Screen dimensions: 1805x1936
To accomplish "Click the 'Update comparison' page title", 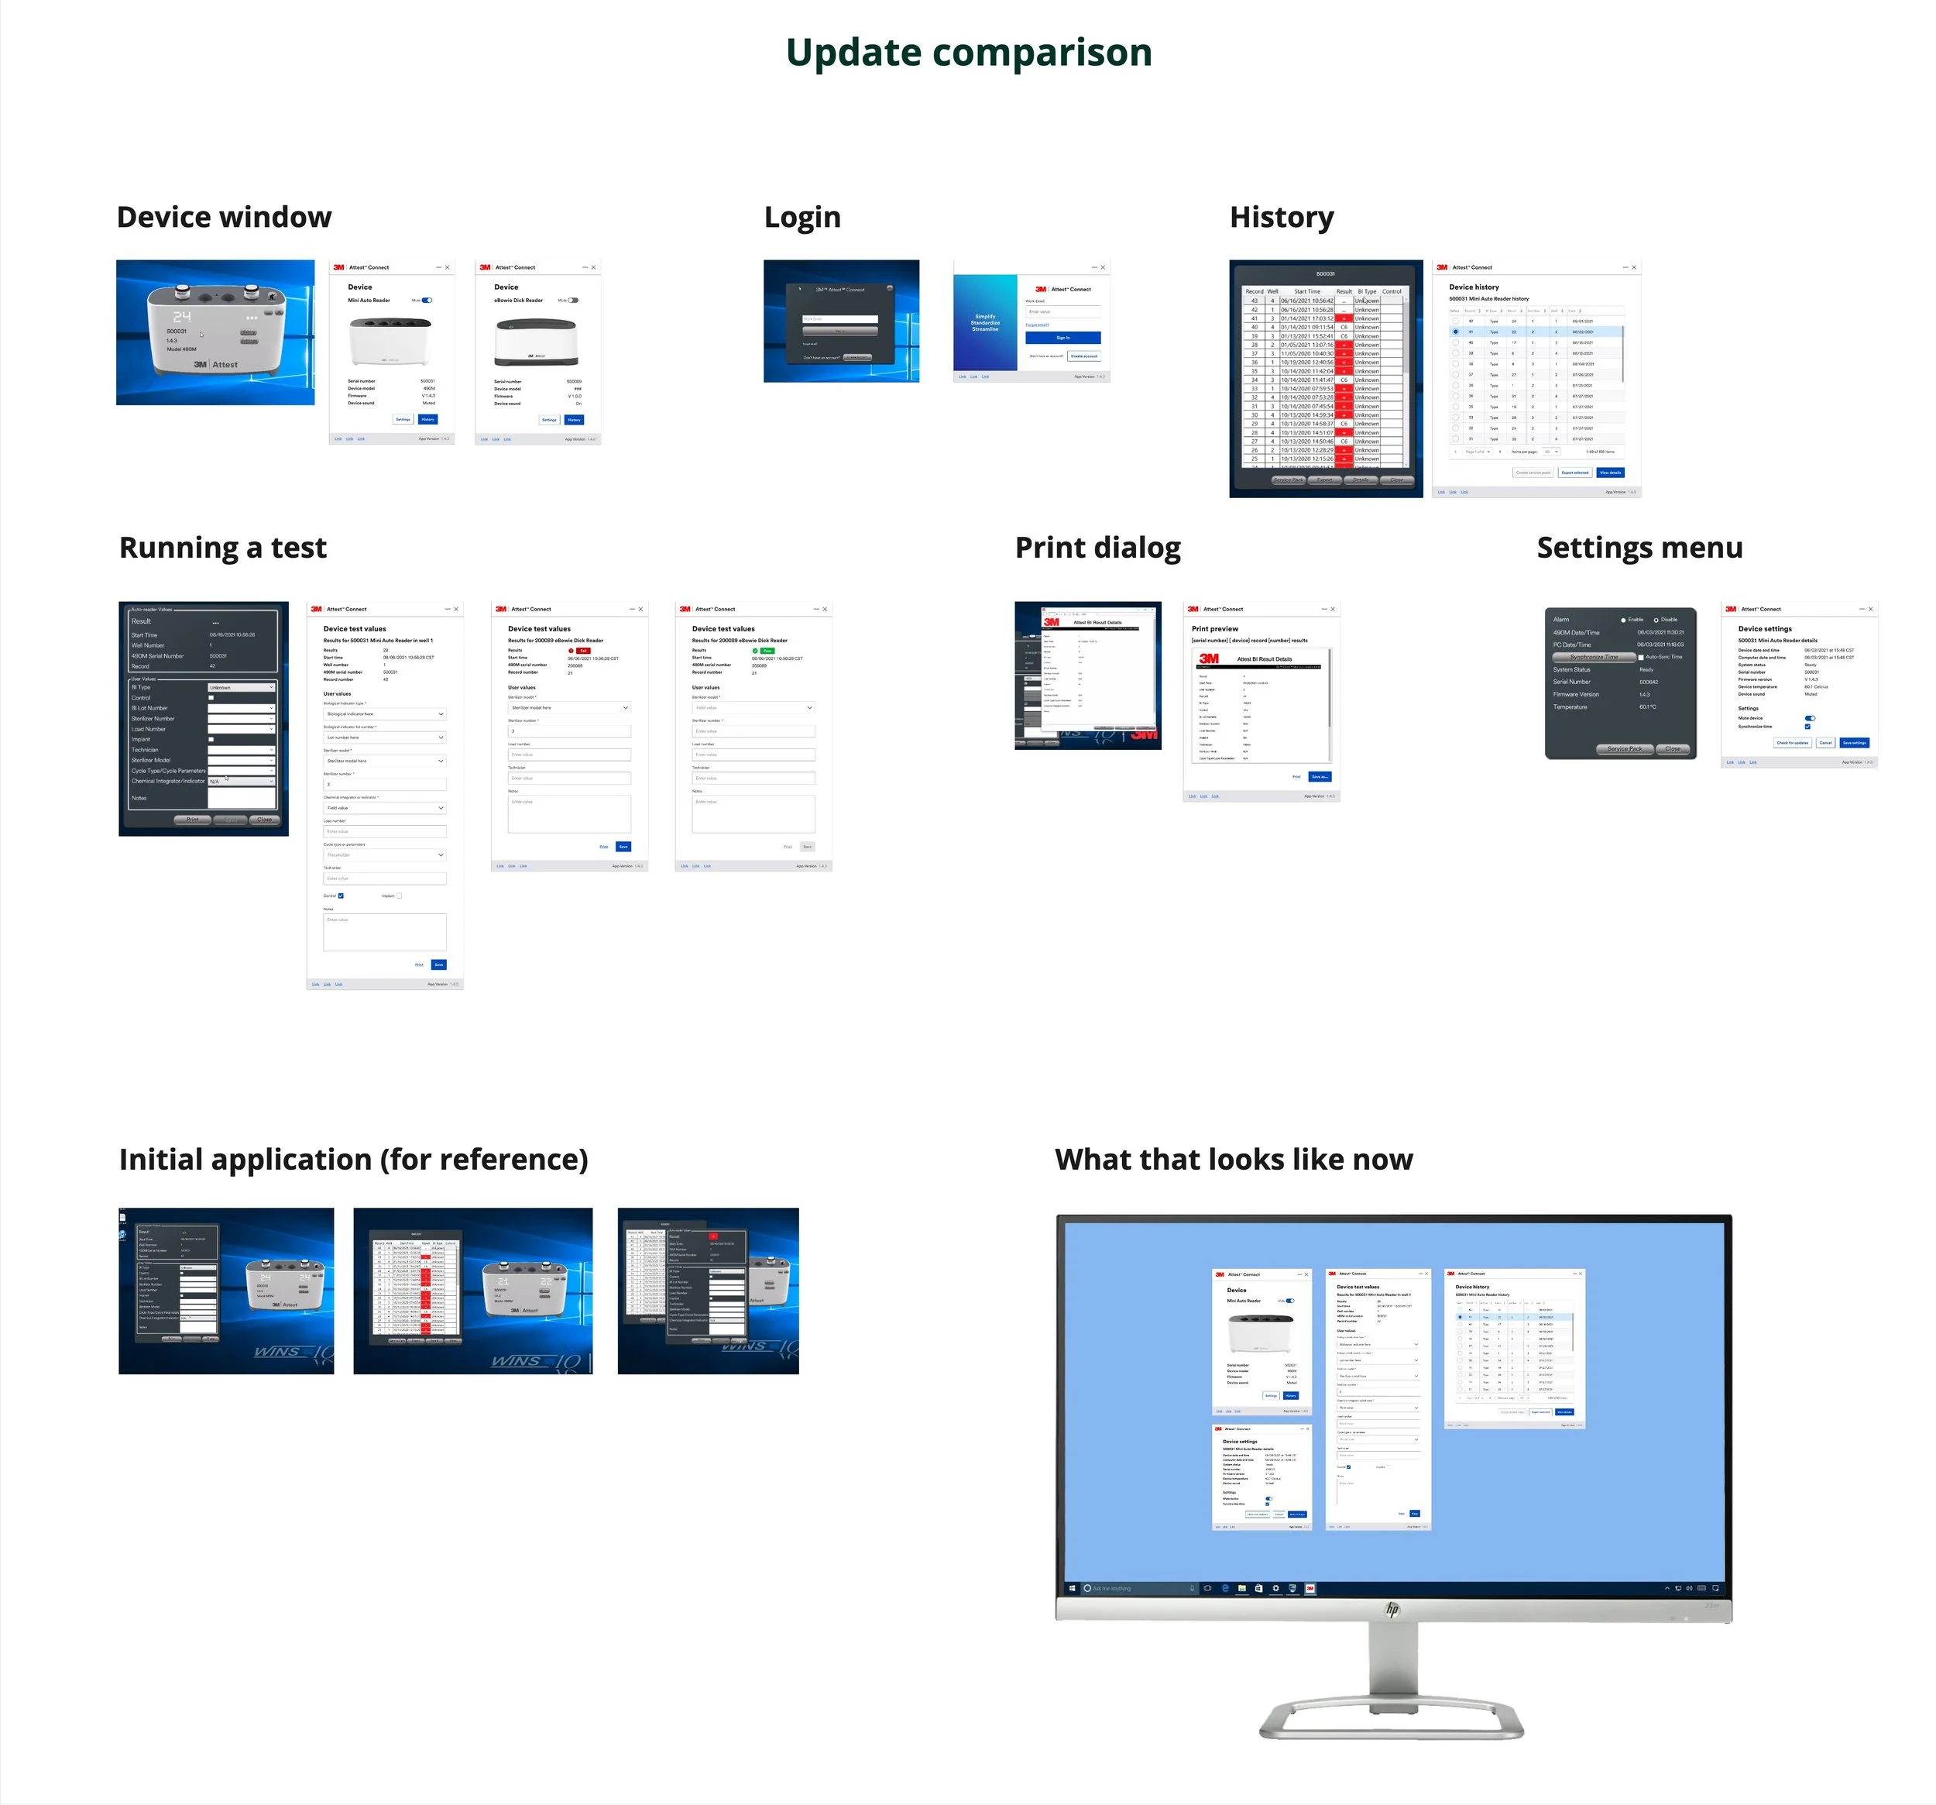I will [x=968, y=53].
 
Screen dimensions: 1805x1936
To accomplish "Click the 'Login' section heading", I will [x=802, y=216].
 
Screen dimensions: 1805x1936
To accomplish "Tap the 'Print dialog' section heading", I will [x=1097, y=548].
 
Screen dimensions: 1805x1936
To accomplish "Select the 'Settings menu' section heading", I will [x=1639, y=548].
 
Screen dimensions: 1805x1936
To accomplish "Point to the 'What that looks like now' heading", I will [x=1233, y=1159].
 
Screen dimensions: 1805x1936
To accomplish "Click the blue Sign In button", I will [x=1062, y=338].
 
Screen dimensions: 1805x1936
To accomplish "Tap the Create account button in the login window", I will [x=1084, y=356].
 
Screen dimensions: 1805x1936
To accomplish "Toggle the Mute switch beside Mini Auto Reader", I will [x=427, y=300].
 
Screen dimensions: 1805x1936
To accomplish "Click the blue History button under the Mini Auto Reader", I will [x=427, y=420].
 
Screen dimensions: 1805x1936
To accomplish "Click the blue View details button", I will [x=1610, y=473].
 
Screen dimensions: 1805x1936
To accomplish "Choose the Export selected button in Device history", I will [x=1574, y=473].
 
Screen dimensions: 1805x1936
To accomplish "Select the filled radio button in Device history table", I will [x=1456, y=332].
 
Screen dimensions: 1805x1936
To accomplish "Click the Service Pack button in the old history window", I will [x=1289, y=480].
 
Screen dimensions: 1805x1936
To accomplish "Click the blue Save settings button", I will [x=1854, y=743].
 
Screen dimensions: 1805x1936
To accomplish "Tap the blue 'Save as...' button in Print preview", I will [x=1320, y=777].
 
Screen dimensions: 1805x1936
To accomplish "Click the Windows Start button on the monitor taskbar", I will [x=1073, y=1589].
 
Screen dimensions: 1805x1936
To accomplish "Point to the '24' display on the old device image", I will [x=182, y=317].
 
